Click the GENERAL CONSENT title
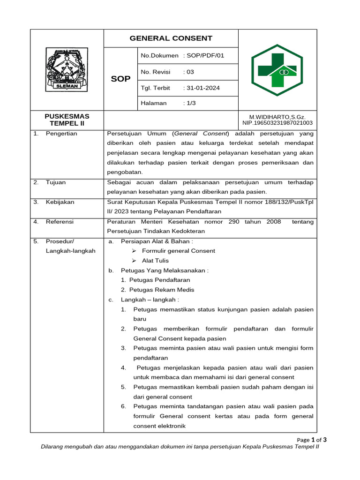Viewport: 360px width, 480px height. (171, 38)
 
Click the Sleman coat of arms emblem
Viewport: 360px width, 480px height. (67, 70)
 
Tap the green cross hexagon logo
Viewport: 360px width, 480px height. (277, 70)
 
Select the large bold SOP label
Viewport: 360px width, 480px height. (120, 79)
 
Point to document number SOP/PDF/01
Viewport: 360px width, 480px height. (206, 56)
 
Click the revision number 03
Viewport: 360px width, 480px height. (190, 72)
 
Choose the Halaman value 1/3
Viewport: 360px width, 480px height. (191, 103)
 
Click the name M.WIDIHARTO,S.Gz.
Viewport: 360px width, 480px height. (277, 117)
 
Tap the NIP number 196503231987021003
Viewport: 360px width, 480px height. (277, 123)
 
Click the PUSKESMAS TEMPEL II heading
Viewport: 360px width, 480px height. (67, 120)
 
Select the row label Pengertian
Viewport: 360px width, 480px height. (61, 134)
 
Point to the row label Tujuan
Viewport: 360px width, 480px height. (56, 182)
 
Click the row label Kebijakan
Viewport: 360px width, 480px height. (60, 202)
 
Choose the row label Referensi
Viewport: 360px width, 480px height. (60, 222)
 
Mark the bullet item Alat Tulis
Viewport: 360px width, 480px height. (155, 261)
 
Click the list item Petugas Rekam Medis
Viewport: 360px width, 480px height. (161, 290)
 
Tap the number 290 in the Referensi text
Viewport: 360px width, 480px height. (234, 222)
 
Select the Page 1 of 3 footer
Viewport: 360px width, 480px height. (312, 440)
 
